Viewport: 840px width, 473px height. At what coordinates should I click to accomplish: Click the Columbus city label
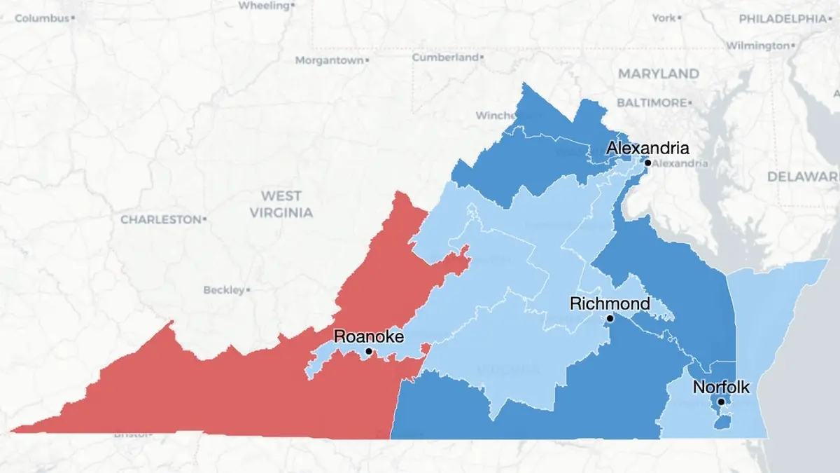click(42, 18)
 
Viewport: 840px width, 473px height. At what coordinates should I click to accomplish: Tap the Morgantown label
click(329, 61)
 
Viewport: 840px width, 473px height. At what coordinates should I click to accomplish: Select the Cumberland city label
click(445, 57)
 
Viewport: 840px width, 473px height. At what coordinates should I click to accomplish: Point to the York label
click(664, 18)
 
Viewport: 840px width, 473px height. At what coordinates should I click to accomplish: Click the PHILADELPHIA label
click(782, 19)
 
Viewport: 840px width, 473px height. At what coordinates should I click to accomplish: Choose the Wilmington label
click(757, 46)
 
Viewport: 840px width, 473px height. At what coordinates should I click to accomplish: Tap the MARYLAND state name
click(658, 74)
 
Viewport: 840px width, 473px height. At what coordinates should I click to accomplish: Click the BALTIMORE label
click(651, 103)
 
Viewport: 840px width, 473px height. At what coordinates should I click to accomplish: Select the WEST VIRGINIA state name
click(281, 204)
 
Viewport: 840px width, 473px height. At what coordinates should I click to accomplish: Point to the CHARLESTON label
click(161, 219)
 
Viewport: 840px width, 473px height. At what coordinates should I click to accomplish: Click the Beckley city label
click(224, 289)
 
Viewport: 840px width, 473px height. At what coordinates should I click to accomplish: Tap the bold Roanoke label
click(369, 336)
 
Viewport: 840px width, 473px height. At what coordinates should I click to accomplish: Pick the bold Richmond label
click(610, 304)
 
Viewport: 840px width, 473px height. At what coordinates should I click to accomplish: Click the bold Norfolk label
click(721, 387)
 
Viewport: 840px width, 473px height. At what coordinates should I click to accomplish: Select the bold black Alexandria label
click(647, 148)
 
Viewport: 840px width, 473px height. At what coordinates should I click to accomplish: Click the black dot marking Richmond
click(610, 318)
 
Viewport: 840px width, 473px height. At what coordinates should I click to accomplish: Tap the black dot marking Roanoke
click(369, 351)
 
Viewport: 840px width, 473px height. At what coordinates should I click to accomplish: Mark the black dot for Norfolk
click(721, 402)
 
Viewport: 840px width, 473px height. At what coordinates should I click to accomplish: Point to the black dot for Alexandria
click(647, 163)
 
